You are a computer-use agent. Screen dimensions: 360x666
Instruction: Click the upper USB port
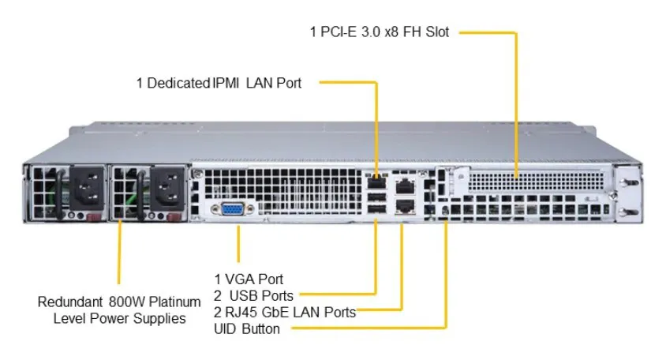click(x=376, y=197)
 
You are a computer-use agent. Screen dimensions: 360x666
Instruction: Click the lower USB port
click(x=376, y=209)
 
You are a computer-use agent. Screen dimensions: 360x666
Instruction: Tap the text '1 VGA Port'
click(x=249, y=279)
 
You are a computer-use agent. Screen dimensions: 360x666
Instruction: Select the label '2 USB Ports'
click(x=253, y=295)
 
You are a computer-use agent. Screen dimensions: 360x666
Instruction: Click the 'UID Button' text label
click(x=247, y=328)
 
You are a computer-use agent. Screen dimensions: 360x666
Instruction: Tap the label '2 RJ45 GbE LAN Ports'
click(x=285, y=312)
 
